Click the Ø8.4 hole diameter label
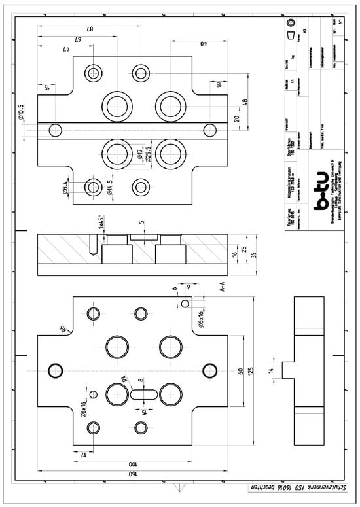(x=66, y=188)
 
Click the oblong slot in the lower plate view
(x=143, y=394)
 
